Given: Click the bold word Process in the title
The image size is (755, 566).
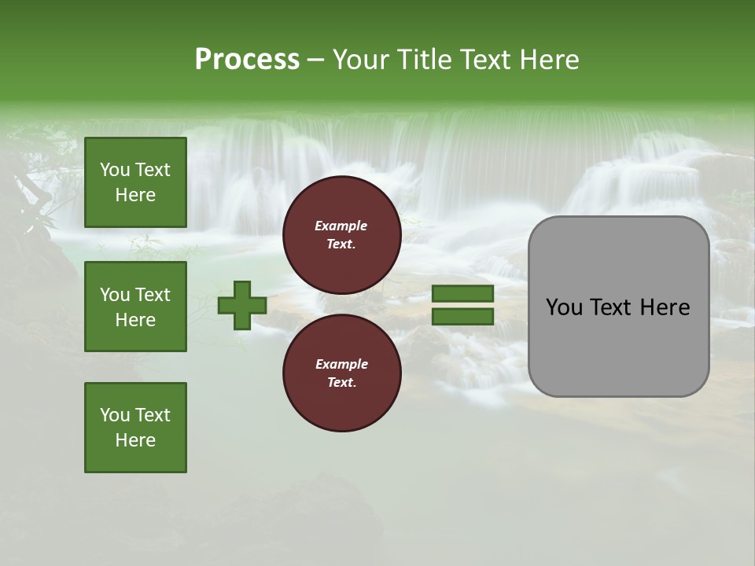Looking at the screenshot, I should (247, 60).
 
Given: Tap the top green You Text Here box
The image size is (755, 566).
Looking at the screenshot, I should (135, 182).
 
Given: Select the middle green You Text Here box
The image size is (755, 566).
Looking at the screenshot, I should (135, 307).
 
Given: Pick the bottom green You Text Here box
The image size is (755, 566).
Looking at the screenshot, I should (135, 428).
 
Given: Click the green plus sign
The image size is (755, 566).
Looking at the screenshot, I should (242, 306).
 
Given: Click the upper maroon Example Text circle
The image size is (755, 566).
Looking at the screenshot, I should (341, 235).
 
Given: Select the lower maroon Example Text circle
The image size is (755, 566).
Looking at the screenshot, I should (341, 373).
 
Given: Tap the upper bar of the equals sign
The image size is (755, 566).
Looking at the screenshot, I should (462, 294).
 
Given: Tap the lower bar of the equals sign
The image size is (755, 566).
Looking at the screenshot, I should (462, 317).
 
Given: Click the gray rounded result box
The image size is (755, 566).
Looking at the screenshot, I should (618, 346).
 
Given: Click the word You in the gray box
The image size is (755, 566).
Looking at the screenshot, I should (564, 307).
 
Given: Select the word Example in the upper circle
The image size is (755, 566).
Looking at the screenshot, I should (341, 226).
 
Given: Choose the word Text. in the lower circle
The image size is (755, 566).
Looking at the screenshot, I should (341, 383).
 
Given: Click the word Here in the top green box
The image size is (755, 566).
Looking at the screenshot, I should (135, 195).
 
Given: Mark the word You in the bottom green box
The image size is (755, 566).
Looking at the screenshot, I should (115, 415).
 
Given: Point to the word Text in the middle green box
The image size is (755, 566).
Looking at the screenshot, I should (152, 295).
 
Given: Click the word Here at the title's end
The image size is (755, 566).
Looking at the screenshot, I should (547, 60).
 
